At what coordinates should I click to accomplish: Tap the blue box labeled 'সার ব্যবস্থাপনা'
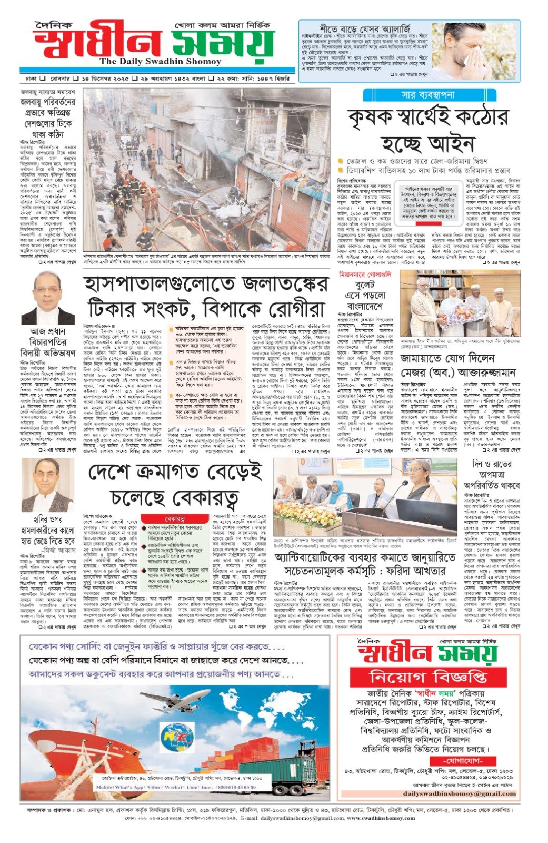pos(429,95)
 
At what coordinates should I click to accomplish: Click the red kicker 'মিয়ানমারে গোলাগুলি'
pos(365,275)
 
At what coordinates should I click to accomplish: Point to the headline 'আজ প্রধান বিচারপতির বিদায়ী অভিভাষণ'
pos(48,342)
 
